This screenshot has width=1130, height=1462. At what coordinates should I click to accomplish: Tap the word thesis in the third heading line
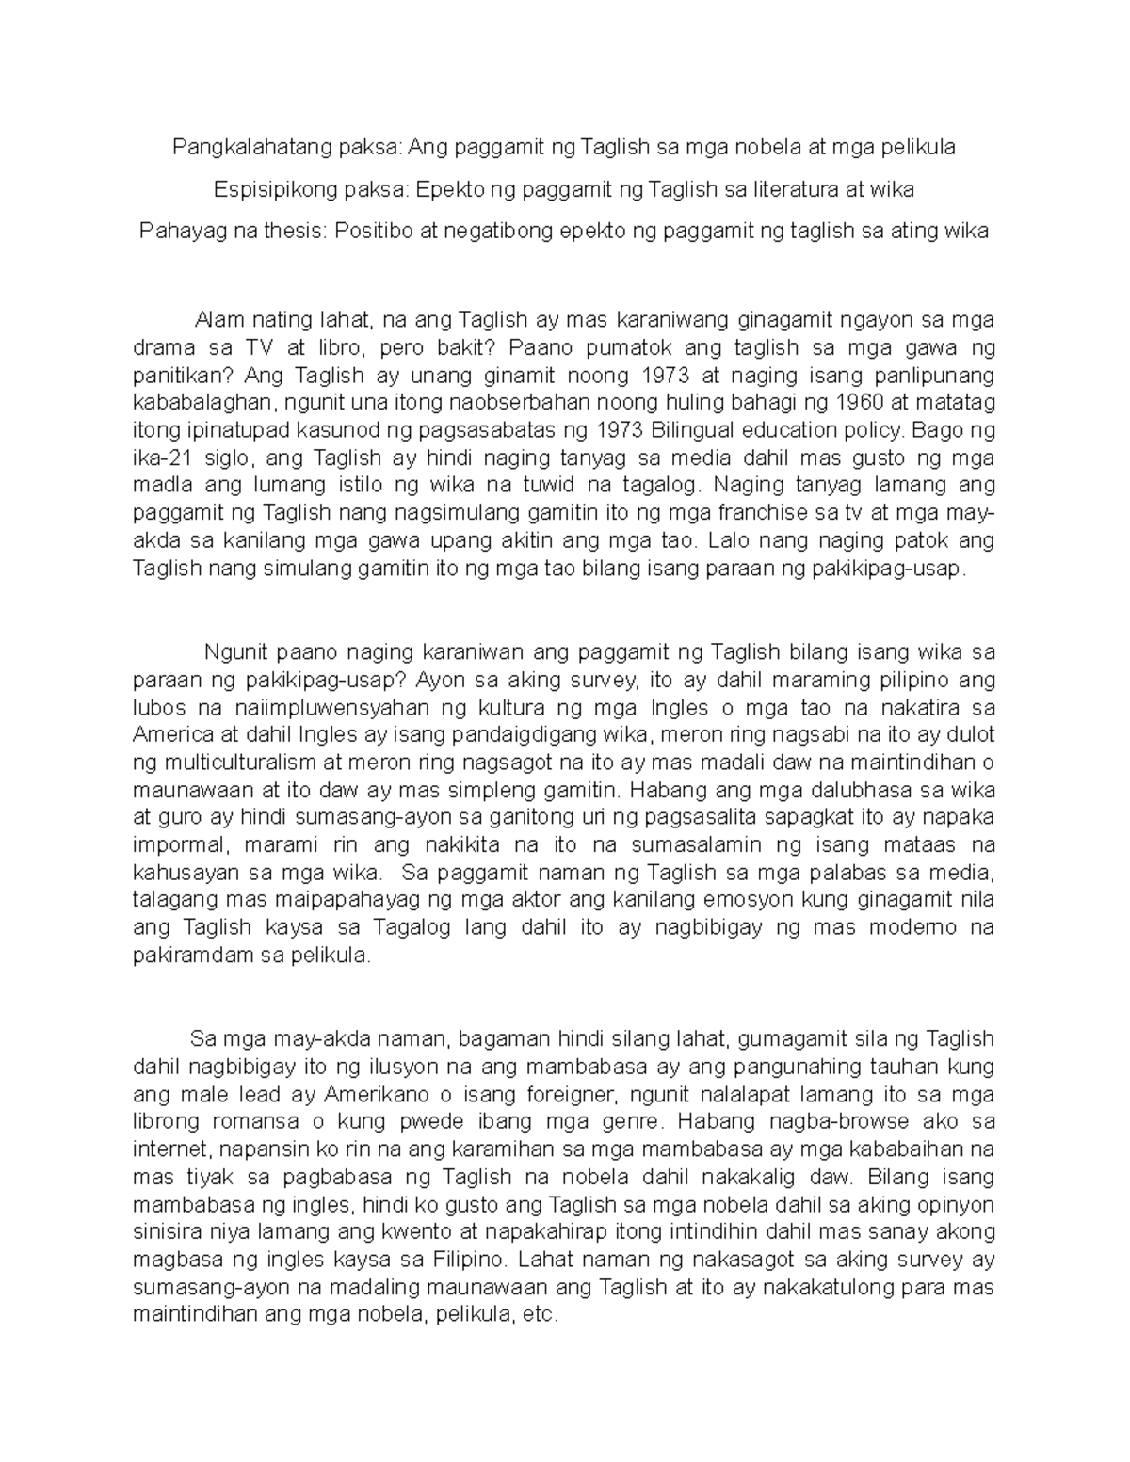(x=291, y=231)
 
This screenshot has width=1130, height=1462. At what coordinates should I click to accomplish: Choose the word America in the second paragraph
(x=168, y=734)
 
